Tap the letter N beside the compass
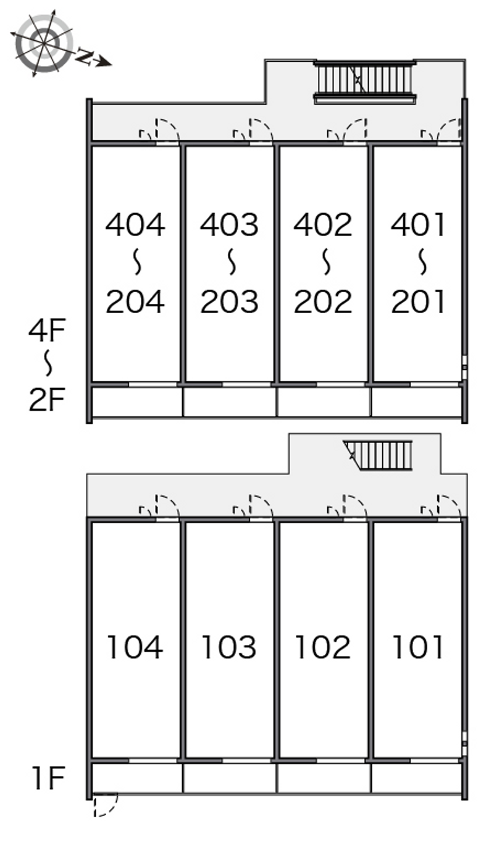[85, 57]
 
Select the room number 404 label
[135, 225]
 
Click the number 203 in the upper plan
[229, 301]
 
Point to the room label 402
[323, 225]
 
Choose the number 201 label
[417, 301]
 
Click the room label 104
[135, 647]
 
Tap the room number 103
[229, 647]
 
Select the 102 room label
[323, 647]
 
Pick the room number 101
[417, 647]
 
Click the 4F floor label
[47, 330]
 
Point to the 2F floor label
[47, 399]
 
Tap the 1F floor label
[49, 778]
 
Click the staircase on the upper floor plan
[364, 82]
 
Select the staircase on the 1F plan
[378, 455]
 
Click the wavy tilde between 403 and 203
[232, 262]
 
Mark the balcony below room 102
[324, 778]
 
